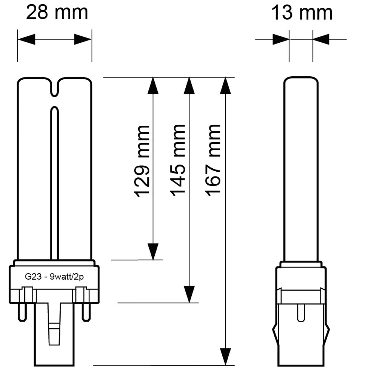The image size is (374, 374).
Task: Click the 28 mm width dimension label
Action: tap(57, 13)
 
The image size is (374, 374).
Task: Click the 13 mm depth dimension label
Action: tap(302, 13)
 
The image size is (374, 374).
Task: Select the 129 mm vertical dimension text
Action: tap(143, 160)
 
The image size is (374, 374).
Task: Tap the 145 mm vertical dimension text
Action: tap(178, 160)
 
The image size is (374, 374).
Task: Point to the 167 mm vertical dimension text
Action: tap(214, 160)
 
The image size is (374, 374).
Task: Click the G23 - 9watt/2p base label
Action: tap(54, 276)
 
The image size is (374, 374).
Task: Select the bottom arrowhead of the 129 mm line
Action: tap(153, 251)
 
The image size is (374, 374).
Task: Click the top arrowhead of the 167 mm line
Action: tap(225, 86)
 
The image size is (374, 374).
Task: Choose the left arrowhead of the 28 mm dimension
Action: tap(26, 39)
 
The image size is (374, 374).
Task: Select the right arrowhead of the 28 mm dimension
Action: tap(83, 39)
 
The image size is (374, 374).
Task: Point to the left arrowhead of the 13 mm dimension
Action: tap(280, 39)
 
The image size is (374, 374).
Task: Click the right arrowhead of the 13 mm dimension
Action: tap(321, 39)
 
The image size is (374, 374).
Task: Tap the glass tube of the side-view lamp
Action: tap(301, 170)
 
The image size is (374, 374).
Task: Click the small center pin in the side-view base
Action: tap(301, 312)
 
